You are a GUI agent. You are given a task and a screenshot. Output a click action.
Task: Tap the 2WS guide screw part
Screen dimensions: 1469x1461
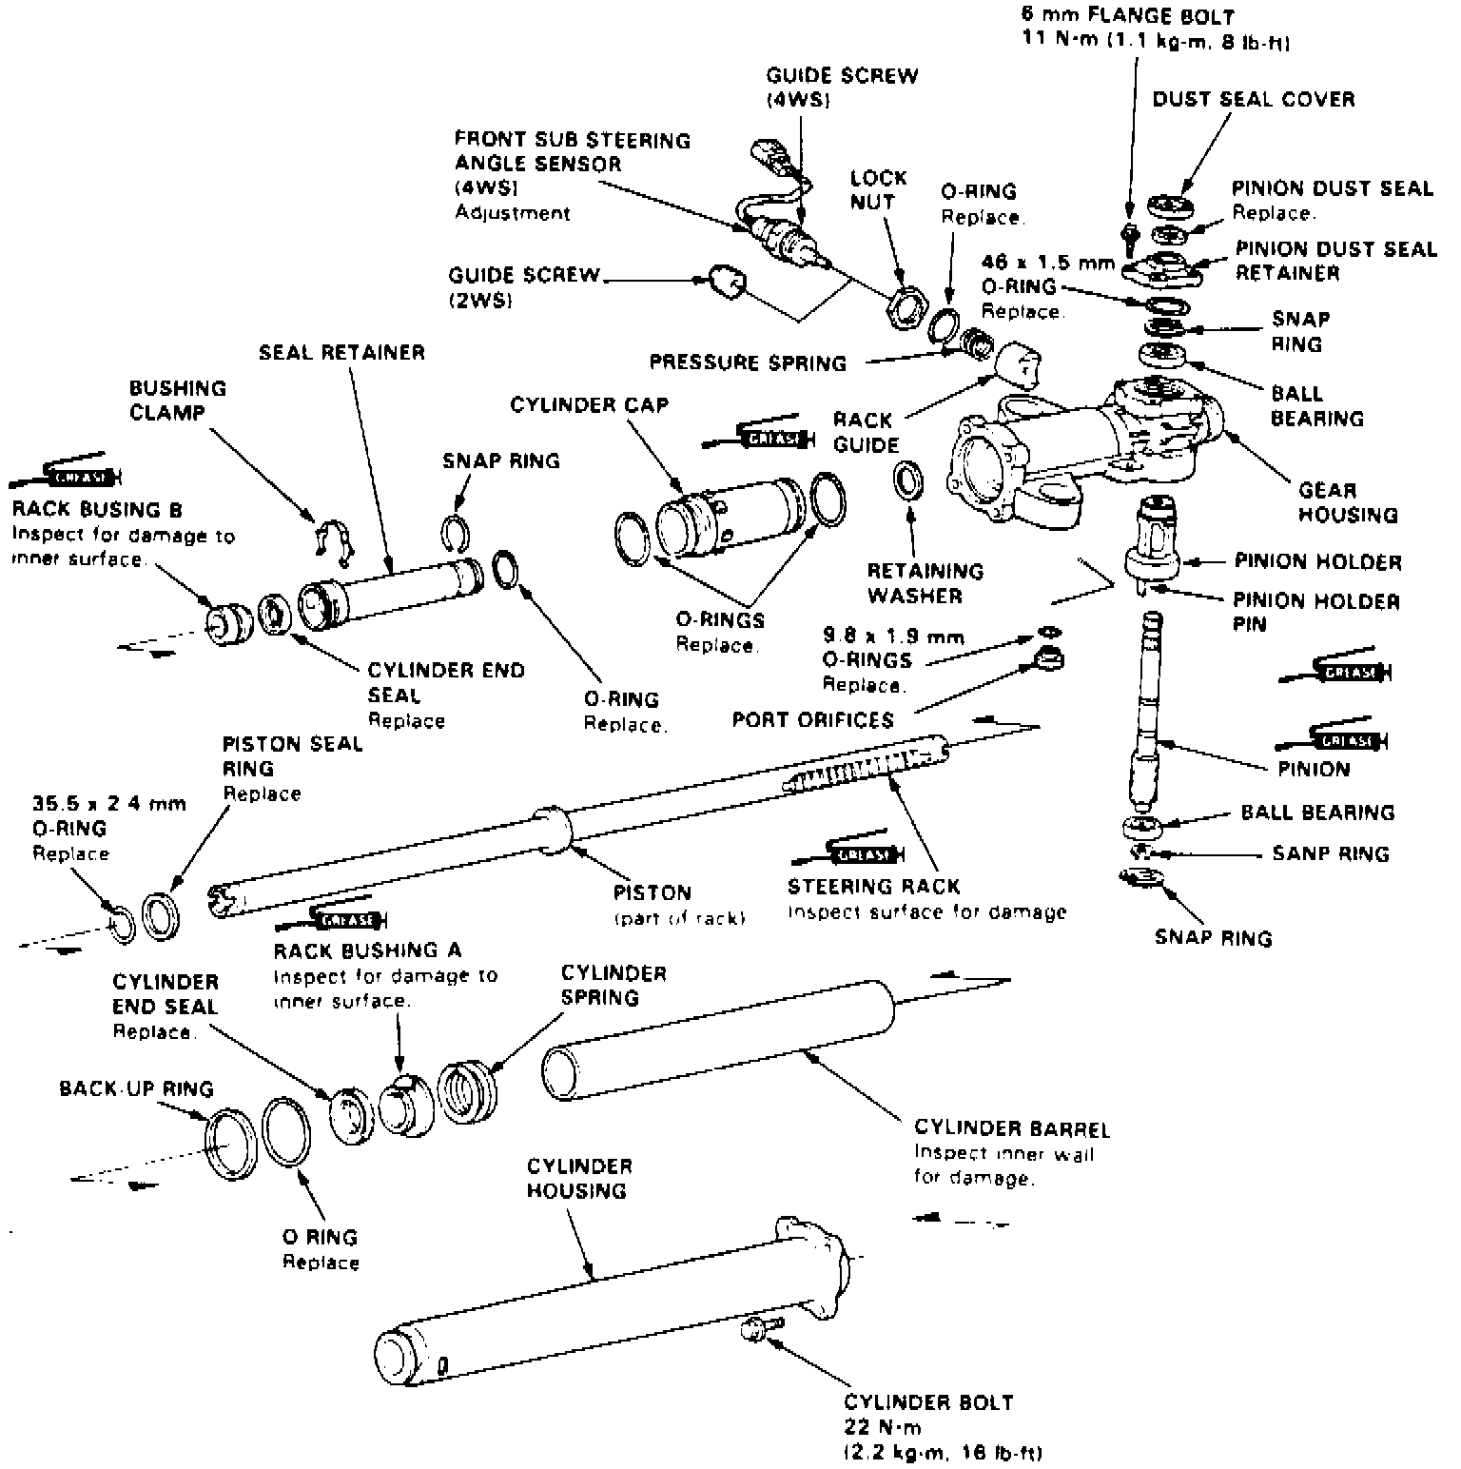pyautogui.click(x=728, y=283)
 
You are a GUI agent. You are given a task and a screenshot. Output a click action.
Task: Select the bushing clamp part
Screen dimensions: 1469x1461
pyautogui.click(x=332, y=539)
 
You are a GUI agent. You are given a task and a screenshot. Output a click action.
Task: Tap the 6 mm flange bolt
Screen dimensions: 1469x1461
pyautogui.click(x=1130, y=236)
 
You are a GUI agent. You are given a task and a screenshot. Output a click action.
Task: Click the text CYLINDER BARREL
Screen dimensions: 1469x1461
pyautogui.click(x=1012, y=1129)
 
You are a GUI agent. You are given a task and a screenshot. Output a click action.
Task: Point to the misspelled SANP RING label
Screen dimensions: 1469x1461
pyautogui.click(x=1331, y=853)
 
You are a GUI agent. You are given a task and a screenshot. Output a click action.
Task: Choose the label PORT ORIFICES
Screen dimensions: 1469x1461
pyautogui.click(x=813, y=719)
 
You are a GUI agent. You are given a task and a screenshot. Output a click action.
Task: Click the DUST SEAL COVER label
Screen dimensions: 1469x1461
pyautogui.click(x=1254, y=99)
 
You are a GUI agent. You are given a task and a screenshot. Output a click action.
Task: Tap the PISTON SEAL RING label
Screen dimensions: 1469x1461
pyautogui.click(x=292, y=755)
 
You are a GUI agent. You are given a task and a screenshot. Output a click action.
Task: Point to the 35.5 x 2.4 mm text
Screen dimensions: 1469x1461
pyautogui.click(x=109, y=803)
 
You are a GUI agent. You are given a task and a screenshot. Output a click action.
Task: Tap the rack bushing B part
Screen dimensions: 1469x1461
pyautogui.click(x=229, y=624)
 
